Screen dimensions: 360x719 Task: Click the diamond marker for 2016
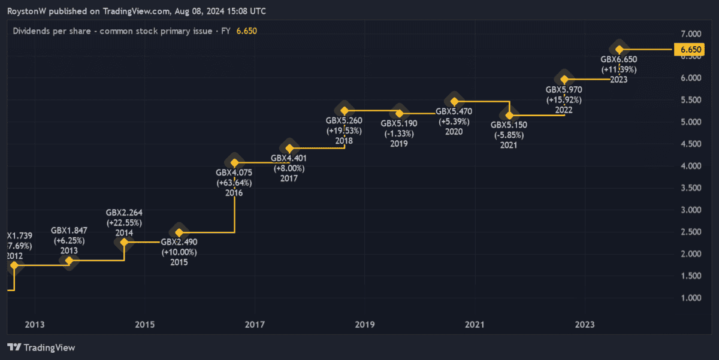[x=235, y=163]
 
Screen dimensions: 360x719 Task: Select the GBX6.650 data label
[x=618, y=59]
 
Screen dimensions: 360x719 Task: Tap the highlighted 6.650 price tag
[x=687, y=50]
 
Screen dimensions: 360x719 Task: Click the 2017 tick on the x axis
[x=255, y=325]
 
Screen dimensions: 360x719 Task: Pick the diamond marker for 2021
[x=510, y=115]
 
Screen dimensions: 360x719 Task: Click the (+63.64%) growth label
[x=234, y=183]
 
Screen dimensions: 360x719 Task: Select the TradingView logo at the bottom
[x=41, y=347]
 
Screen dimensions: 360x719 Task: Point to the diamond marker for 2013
[x=70, y=261]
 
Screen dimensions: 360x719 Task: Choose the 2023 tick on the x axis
[x=585, y=325]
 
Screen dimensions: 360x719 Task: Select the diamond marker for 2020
[x=454, y=101]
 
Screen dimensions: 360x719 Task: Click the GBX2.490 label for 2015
[x=179, y=242]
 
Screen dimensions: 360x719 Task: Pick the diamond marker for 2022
[x=564, y=78]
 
